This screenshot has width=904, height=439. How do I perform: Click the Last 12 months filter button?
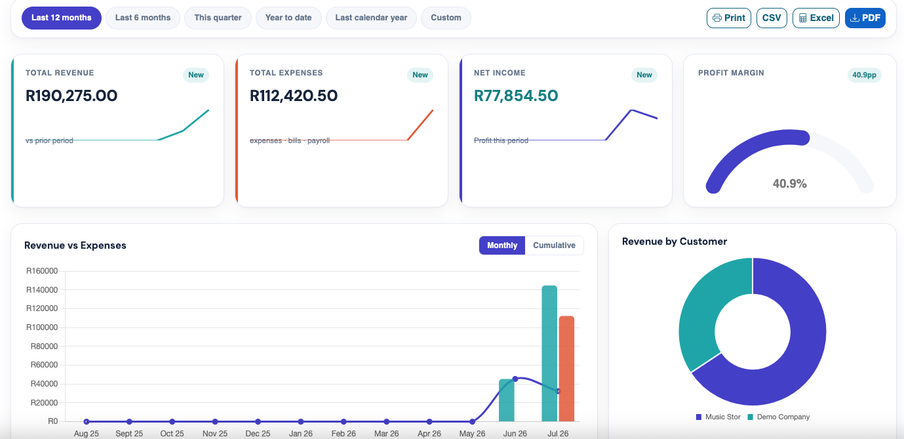tap(62, 18)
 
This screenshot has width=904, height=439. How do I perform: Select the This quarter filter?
tap(218, 18)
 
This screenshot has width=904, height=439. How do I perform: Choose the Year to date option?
tap(288, 18)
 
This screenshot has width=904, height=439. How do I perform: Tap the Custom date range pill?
tap(446, 18)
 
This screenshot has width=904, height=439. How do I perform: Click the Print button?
tap(729, 18)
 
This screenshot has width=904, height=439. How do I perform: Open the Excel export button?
tap(816, 18)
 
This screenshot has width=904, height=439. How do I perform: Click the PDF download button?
tap(865, 18)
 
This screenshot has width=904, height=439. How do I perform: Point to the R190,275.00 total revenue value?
tap(71, 96)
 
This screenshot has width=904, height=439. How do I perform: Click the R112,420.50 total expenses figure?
tap(294, 96)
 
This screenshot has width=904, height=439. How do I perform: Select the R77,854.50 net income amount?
tap(516, 96)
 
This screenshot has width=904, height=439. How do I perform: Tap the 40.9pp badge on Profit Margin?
tap(865, 75)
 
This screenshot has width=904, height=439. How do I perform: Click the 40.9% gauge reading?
tap(790, 184)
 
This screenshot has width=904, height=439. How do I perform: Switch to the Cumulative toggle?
tap(554, 245)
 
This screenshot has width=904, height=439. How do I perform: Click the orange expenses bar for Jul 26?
tap(566, 369)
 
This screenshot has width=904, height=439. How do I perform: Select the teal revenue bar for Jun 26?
tap(507, 400)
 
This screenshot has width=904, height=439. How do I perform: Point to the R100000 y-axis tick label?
tap(42, 327)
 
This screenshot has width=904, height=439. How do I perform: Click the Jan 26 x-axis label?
tap(301, 433)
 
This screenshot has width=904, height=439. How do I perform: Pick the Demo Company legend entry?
tap(779, 417)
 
